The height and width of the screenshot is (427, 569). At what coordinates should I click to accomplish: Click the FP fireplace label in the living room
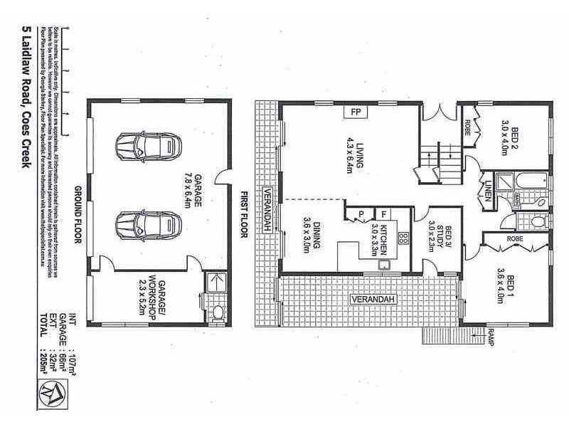[354, 112]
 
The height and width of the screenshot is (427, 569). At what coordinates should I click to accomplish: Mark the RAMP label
[491, 335]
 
